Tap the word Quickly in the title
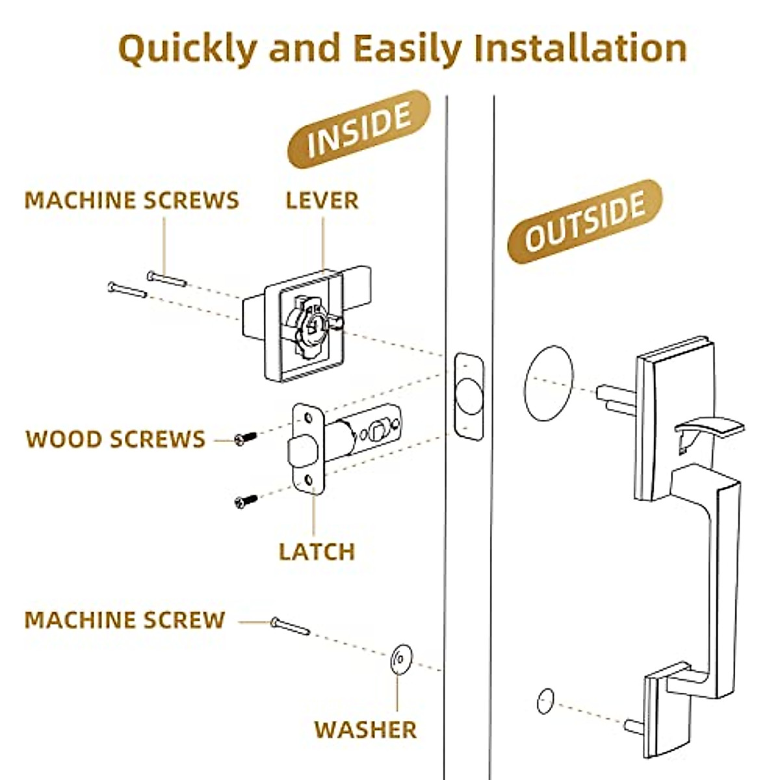tap(187, 49)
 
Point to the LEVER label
tap(322, 200)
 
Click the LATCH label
tap(317, 552)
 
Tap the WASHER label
tap(365, 729)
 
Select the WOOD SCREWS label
tap(116, 439)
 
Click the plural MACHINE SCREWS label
tap(132, 200)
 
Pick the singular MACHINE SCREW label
tap(125, 620)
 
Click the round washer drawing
tap(401, 659)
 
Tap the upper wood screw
tap(246, 439)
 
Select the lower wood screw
tap(246, 501)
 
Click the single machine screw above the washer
tap(290, 626)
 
